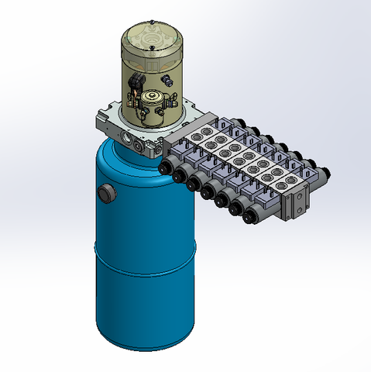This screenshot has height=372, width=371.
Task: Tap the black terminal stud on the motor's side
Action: (167, 79)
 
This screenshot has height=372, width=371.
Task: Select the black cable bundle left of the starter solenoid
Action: (138, 84)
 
